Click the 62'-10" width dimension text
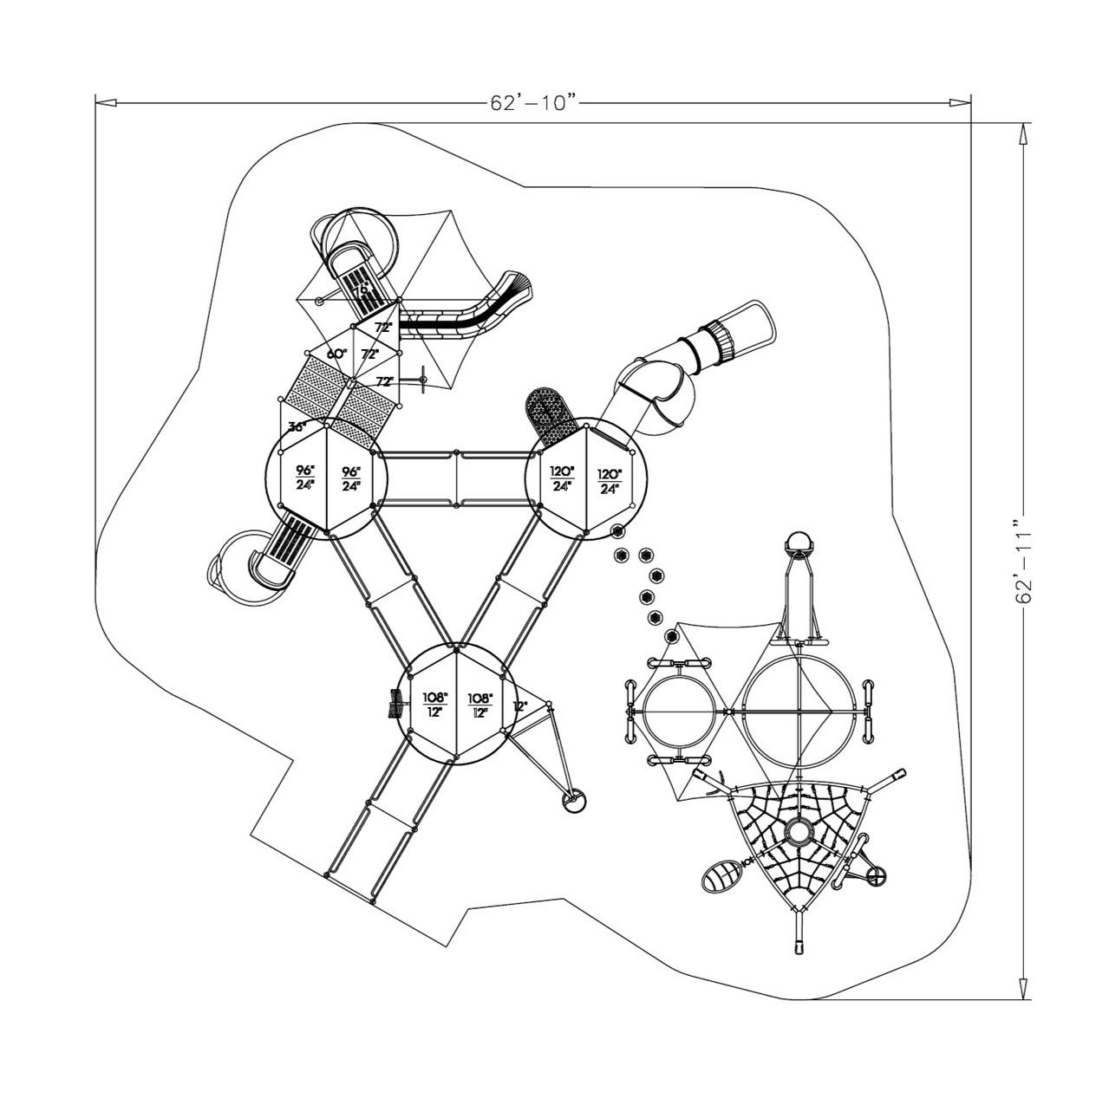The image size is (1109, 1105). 533,103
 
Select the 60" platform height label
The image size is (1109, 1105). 336,354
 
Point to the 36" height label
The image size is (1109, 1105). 298,427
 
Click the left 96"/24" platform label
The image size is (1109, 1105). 303,478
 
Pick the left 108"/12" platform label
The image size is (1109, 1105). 434,704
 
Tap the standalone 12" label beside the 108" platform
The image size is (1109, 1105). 519,706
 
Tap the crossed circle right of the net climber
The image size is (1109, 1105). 877,877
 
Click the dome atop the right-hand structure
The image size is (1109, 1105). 799,546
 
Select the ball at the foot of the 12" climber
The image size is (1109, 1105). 575,803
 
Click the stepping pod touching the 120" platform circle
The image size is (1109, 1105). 617,531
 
